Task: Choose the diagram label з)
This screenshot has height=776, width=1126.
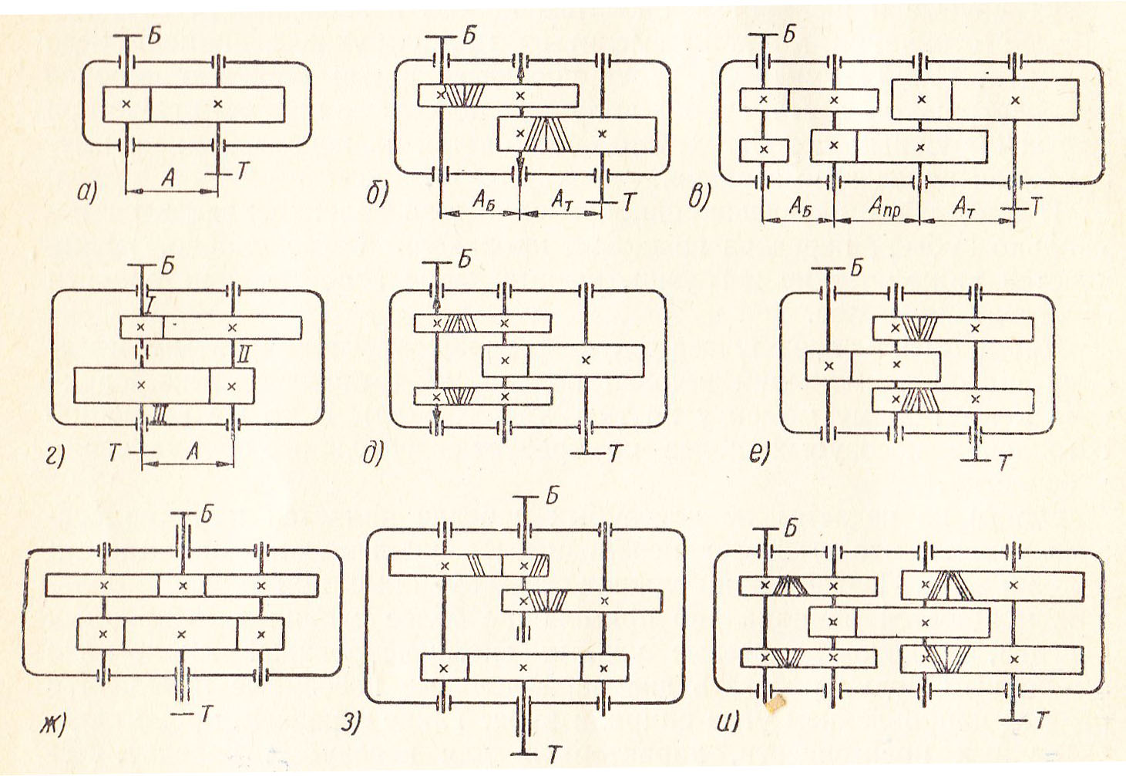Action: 351,723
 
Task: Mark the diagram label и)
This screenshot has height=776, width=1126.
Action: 728,723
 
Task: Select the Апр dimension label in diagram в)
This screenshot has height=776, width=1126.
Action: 884,207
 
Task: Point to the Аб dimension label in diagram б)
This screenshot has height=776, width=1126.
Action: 482,201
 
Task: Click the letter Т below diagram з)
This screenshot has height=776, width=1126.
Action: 554,754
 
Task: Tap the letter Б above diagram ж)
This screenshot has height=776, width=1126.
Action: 205,514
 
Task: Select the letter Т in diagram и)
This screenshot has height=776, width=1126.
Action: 1041,720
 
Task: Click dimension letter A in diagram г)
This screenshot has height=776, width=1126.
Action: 193,450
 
